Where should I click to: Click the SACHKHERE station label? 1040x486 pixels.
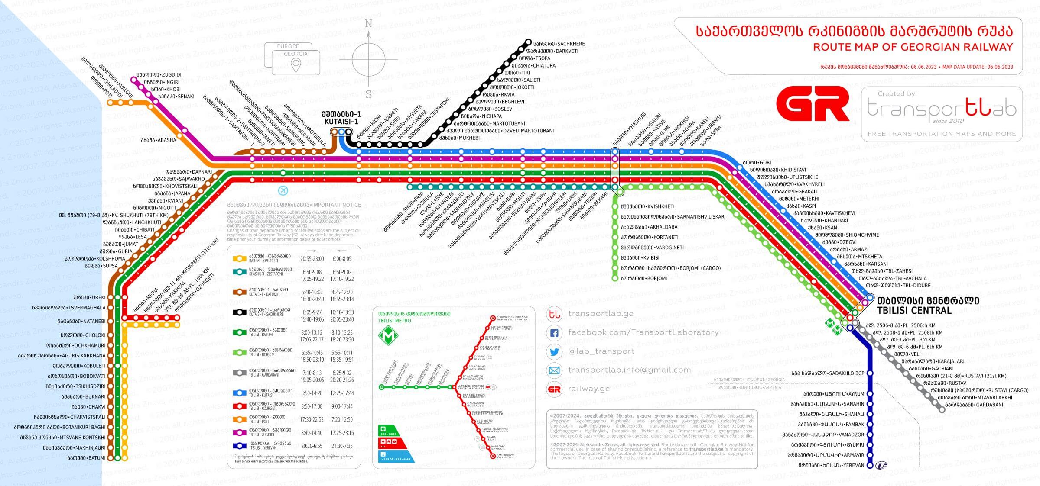559,44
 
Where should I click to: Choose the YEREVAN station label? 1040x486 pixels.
832,466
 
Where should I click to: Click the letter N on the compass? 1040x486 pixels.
368,24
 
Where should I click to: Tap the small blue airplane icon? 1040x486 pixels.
283,190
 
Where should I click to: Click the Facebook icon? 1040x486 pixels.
554,333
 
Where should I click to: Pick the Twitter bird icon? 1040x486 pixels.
554,352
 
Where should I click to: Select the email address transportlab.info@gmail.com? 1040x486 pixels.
629,370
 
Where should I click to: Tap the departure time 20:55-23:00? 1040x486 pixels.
312,259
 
